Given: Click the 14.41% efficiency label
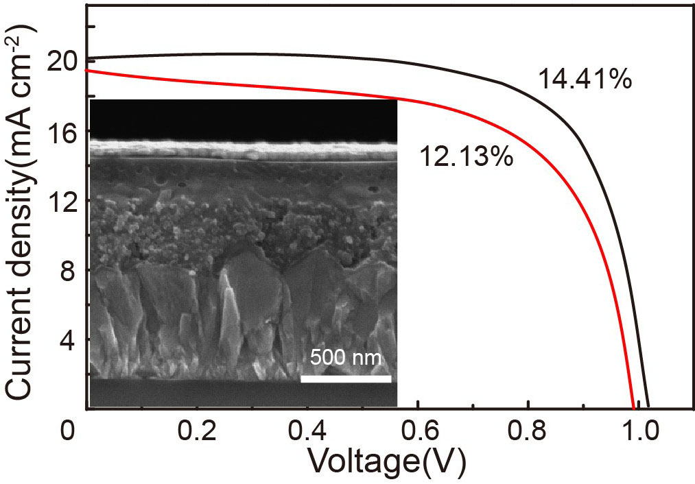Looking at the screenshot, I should [584, 80].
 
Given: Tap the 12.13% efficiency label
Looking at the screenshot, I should [466, 158].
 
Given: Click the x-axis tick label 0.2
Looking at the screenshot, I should [198, 434].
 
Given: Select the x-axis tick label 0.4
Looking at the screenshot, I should [308, 434].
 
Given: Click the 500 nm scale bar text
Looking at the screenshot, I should [345, 358].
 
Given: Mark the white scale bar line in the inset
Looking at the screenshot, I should [346, 378].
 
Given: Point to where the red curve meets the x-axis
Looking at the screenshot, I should [633, 408].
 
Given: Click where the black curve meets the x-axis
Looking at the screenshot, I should [648, 408].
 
